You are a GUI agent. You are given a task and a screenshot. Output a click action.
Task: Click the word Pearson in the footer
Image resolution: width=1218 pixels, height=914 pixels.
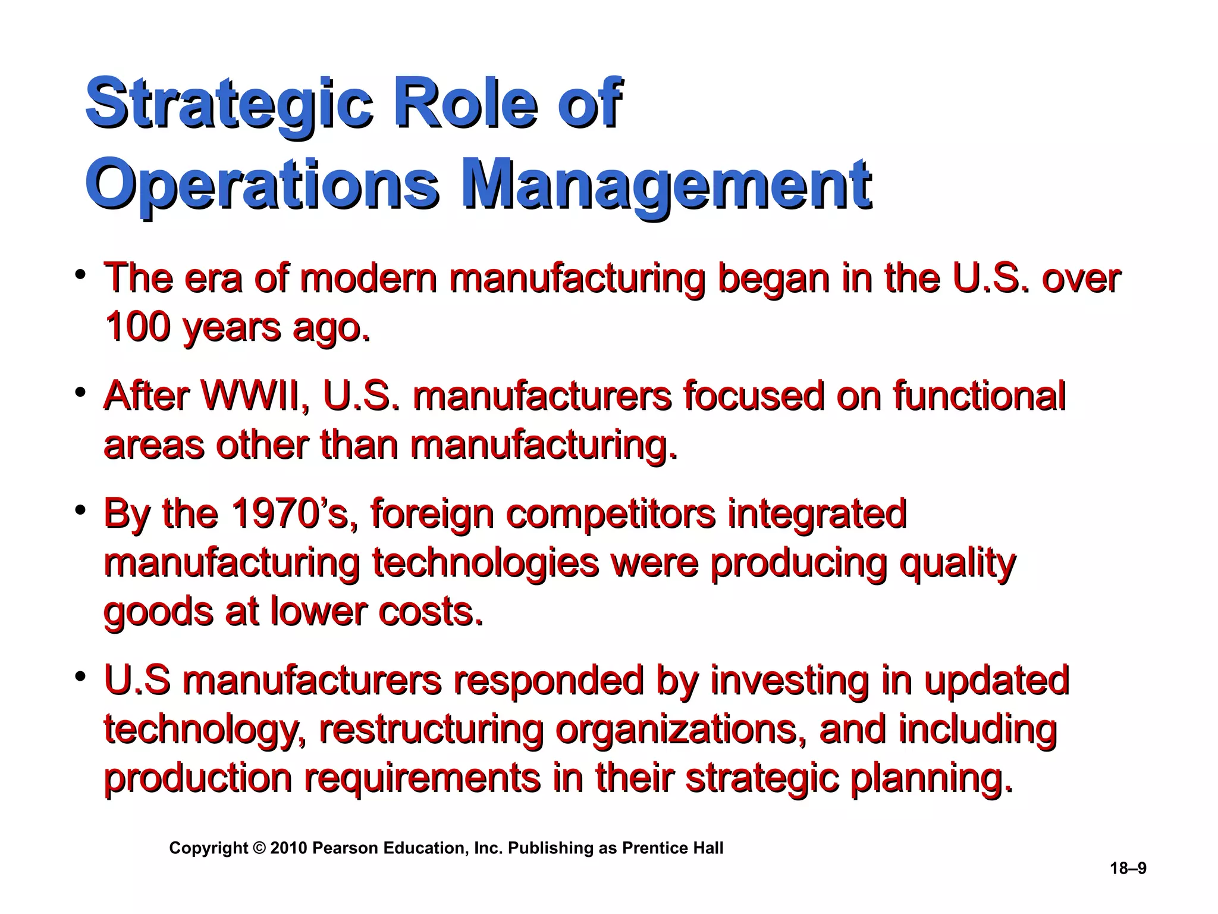[x=346, y=849]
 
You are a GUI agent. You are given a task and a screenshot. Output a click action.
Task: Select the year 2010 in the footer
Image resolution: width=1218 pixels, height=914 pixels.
[x=288, y=849]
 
